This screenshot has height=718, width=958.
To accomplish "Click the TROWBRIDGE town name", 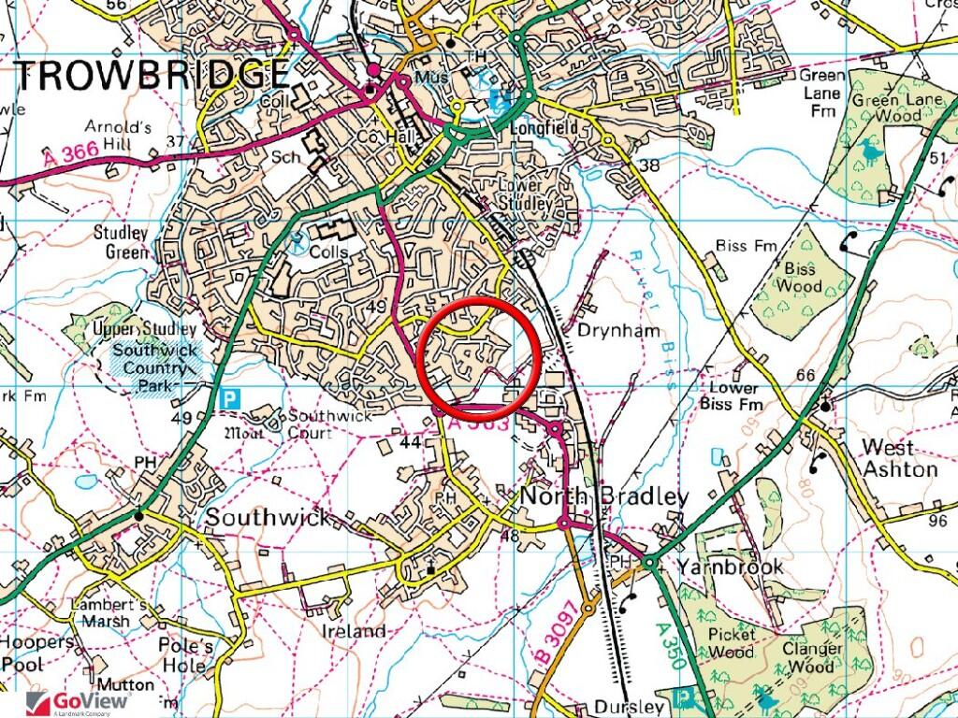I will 152,75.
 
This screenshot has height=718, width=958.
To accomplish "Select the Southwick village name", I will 267,517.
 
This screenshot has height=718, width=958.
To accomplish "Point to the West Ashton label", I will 899,457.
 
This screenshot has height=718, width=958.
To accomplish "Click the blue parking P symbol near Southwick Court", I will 229,398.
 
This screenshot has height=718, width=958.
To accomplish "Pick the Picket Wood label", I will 731,643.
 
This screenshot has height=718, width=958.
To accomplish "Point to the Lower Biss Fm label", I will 734,395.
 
